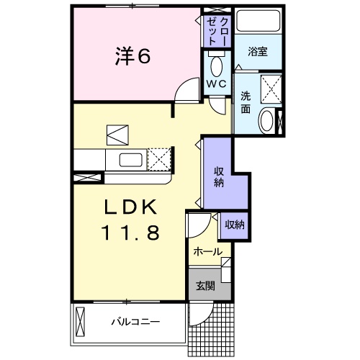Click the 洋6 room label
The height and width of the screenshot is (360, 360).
(x=133, y=56)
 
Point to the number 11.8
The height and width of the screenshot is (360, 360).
(x=130, y=233)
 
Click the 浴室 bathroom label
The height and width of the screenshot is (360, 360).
(x=258, y=52)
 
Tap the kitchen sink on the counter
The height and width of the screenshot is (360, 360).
(x=129, y=158)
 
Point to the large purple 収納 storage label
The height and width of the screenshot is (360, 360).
(x=218, y=177)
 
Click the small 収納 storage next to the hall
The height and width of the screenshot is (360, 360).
(x=234, y=225)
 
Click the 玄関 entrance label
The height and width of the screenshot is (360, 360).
(x=205, y=285)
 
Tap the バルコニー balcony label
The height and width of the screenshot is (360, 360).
(x=135, y=321)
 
